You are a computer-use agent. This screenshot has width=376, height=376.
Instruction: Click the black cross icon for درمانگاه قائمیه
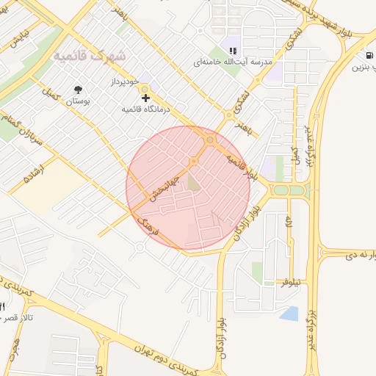145,97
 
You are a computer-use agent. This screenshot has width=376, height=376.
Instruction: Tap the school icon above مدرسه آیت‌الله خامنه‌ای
233,51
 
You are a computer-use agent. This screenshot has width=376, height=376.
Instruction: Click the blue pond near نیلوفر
289,314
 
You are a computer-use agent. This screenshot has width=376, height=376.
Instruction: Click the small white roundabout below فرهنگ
140,247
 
